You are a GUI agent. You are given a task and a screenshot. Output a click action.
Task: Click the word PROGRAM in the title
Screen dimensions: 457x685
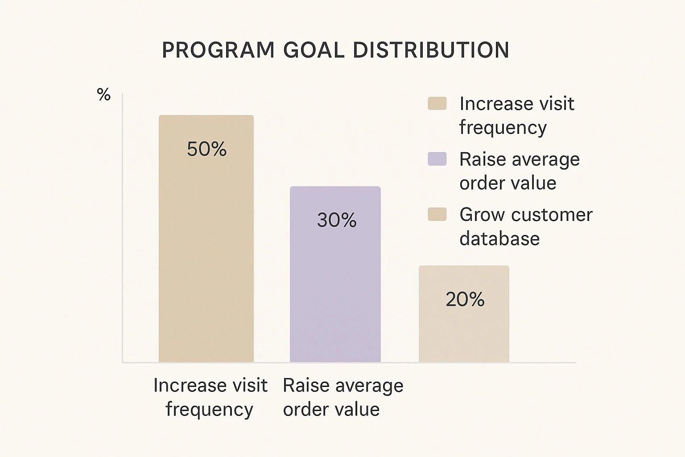218,50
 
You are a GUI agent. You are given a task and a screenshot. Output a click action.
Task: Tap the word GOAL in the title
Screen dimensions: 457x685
314,50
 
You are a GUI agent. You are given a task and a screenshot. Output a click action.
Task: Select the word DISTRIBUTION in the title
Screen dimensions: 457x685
431,50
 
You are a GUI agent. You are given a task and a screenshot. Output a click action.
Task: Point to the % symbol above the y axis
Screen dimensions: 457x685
103,95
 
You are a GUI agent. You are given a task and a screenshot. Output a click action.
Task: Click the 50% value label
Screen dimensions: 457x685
206,149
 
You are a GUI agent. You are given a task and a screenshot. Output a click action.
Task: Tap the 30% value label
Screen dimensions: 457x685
337,220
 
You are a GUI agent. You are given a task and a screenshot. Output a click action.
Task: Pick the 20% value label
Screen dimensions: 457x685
465,299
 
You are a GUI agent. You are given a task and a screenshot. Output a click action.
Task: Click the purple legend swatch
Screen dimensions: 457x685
437,159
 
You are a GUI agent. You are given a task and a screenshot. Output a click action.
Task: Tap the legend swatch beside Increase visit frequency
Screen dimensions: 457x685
437,104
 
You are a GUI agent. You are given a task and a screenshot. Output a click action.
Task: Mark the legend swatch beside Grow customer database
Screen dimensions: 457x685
437,214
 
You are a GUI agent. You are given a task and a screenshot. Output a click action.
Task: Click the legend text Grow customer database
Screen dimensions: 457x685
525,226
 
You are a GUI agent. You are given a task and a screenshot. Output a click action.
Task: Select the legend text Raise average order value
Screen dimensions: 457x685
519,171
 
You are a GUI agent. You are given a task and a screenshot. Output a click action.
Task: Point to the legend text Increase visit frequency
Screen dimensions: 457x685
516,115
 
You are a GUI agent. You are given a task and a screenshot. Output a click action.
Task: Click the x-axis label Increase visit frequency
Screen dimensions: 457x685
210,397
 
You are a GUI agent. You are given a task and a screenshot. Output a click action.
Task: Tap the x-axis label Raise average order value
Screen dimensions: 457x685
342,397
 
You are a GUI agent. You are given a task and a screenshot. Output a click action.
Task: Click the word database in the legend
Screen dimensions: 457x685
499,239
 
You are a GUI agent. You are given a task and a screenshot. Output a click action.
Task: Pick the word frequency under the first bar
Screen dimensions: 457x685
209,409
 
